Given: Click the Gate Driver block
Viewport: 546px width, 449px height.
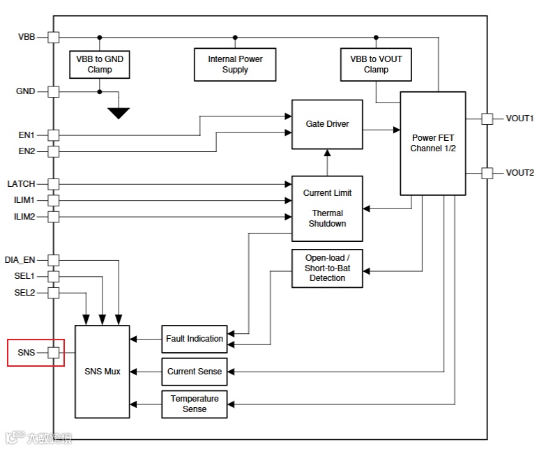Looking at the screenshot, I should (327, 124).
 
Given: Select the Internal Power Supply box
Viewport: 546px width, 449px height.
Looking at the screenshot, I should (234, 64).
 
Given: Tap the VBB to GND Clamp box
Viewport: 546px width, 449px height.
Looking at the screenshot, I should (100, 64).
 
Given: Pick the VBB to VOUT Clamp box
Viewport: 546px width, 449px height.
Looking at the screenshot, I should (376, 64).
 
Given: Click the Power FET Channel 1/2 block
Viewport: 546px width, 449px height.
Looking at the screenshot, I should (433, 143).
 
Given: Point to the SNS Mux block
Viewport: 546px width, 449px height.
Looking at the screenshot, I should (103, 372).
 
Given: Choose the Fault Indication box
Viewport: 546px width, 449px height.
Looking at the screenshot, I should (195, 339).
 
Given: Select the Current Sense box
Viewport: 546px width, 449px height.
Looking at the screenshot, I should (195, 372).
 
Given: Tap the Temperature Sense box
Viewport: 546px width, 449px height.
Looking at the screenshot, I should (195, 404).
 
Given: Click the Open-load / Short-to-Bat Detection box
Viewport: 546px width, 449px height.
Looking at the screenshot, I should (327, 268).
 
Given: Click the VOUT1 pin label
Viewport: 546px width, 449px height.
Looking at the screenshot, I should (520, 119).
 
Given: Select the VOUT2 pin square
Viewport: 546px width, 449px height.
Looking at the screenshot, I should (487, 173).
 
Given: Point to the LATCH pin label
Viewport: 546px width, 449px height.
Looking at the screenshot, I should (21, 184).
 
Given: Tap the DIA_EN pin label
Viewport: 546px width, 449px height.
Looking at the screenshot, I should (20, 260).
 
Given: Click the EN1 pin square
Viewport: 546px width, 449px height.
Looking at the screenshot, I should (53, 135).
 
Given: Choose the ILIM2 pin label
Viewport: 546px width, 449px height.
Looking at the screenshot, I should (24, 217).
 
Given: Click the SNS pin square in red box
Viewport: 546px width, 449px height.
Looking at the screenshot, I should (53, 353).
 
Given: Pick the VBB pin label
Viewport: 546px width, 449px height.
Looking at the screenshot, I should (26, 37).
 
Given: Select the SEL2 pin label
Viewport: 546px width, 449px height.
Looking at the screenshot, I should (24, 293).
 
